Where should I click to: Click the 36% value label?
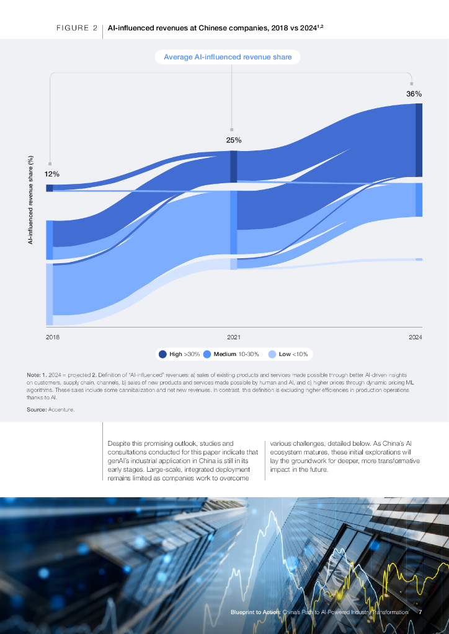point(414,94)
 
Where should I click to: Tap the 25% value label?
point(234,140)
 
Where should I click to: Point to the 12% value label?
point(51,174)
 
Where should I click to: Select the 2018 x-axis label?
point(53,337)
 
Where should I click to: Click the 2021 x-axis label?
point(234,337)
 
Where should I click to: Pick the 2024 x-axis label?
point(416,337)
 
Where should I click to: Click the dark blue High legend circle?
point(162,354)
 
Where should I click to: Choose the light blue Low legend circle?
point(272,354)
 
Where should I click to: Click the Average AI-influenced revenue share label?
point(228,58)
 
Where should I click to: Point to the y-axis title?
point(30,200)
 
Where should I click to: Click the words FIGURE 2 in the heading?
point(77,28)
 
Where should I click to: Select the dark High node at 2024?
point(419,140)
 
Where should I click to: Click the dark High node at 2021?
point(234,167)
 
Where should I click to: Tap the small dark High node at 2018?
point(50,188)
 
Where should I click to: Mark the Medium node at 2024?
point(419,199)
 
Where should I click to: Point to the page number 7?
point(420,612)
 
